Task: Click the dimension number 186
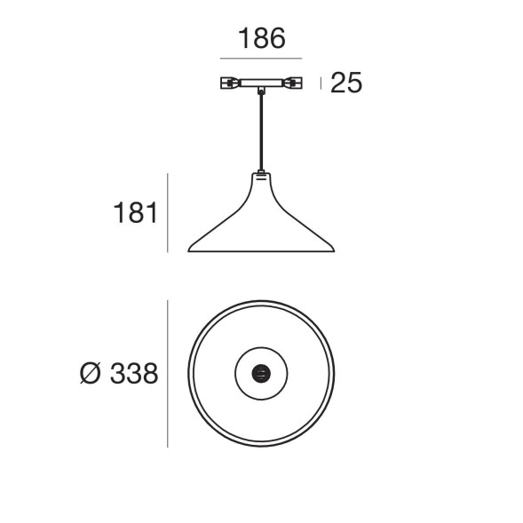tap(261, 39)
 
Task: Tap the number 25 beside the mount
tap(346, 83)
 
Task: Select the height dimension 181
tap(135, 214)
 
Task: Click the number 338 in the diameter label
tap(134, 374)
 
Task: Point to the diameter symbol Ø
tap(91, 374)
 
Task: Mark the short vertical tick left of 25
tap(321, 83)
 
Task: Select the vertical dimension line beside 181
tap(168, 212)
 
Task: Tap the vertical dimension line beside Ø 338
tap(168, 374)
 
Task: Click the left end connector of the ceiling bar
tap(228, 83)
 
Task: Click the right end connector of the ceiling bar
tap(293, 83)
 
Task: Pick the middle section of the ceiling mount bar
tap(261, 83)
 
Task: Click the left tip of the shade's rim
tap(190, 250)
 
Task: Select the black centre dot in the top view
tap(261, 373)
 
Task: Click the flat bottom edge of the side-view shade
tap(261, 252)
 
